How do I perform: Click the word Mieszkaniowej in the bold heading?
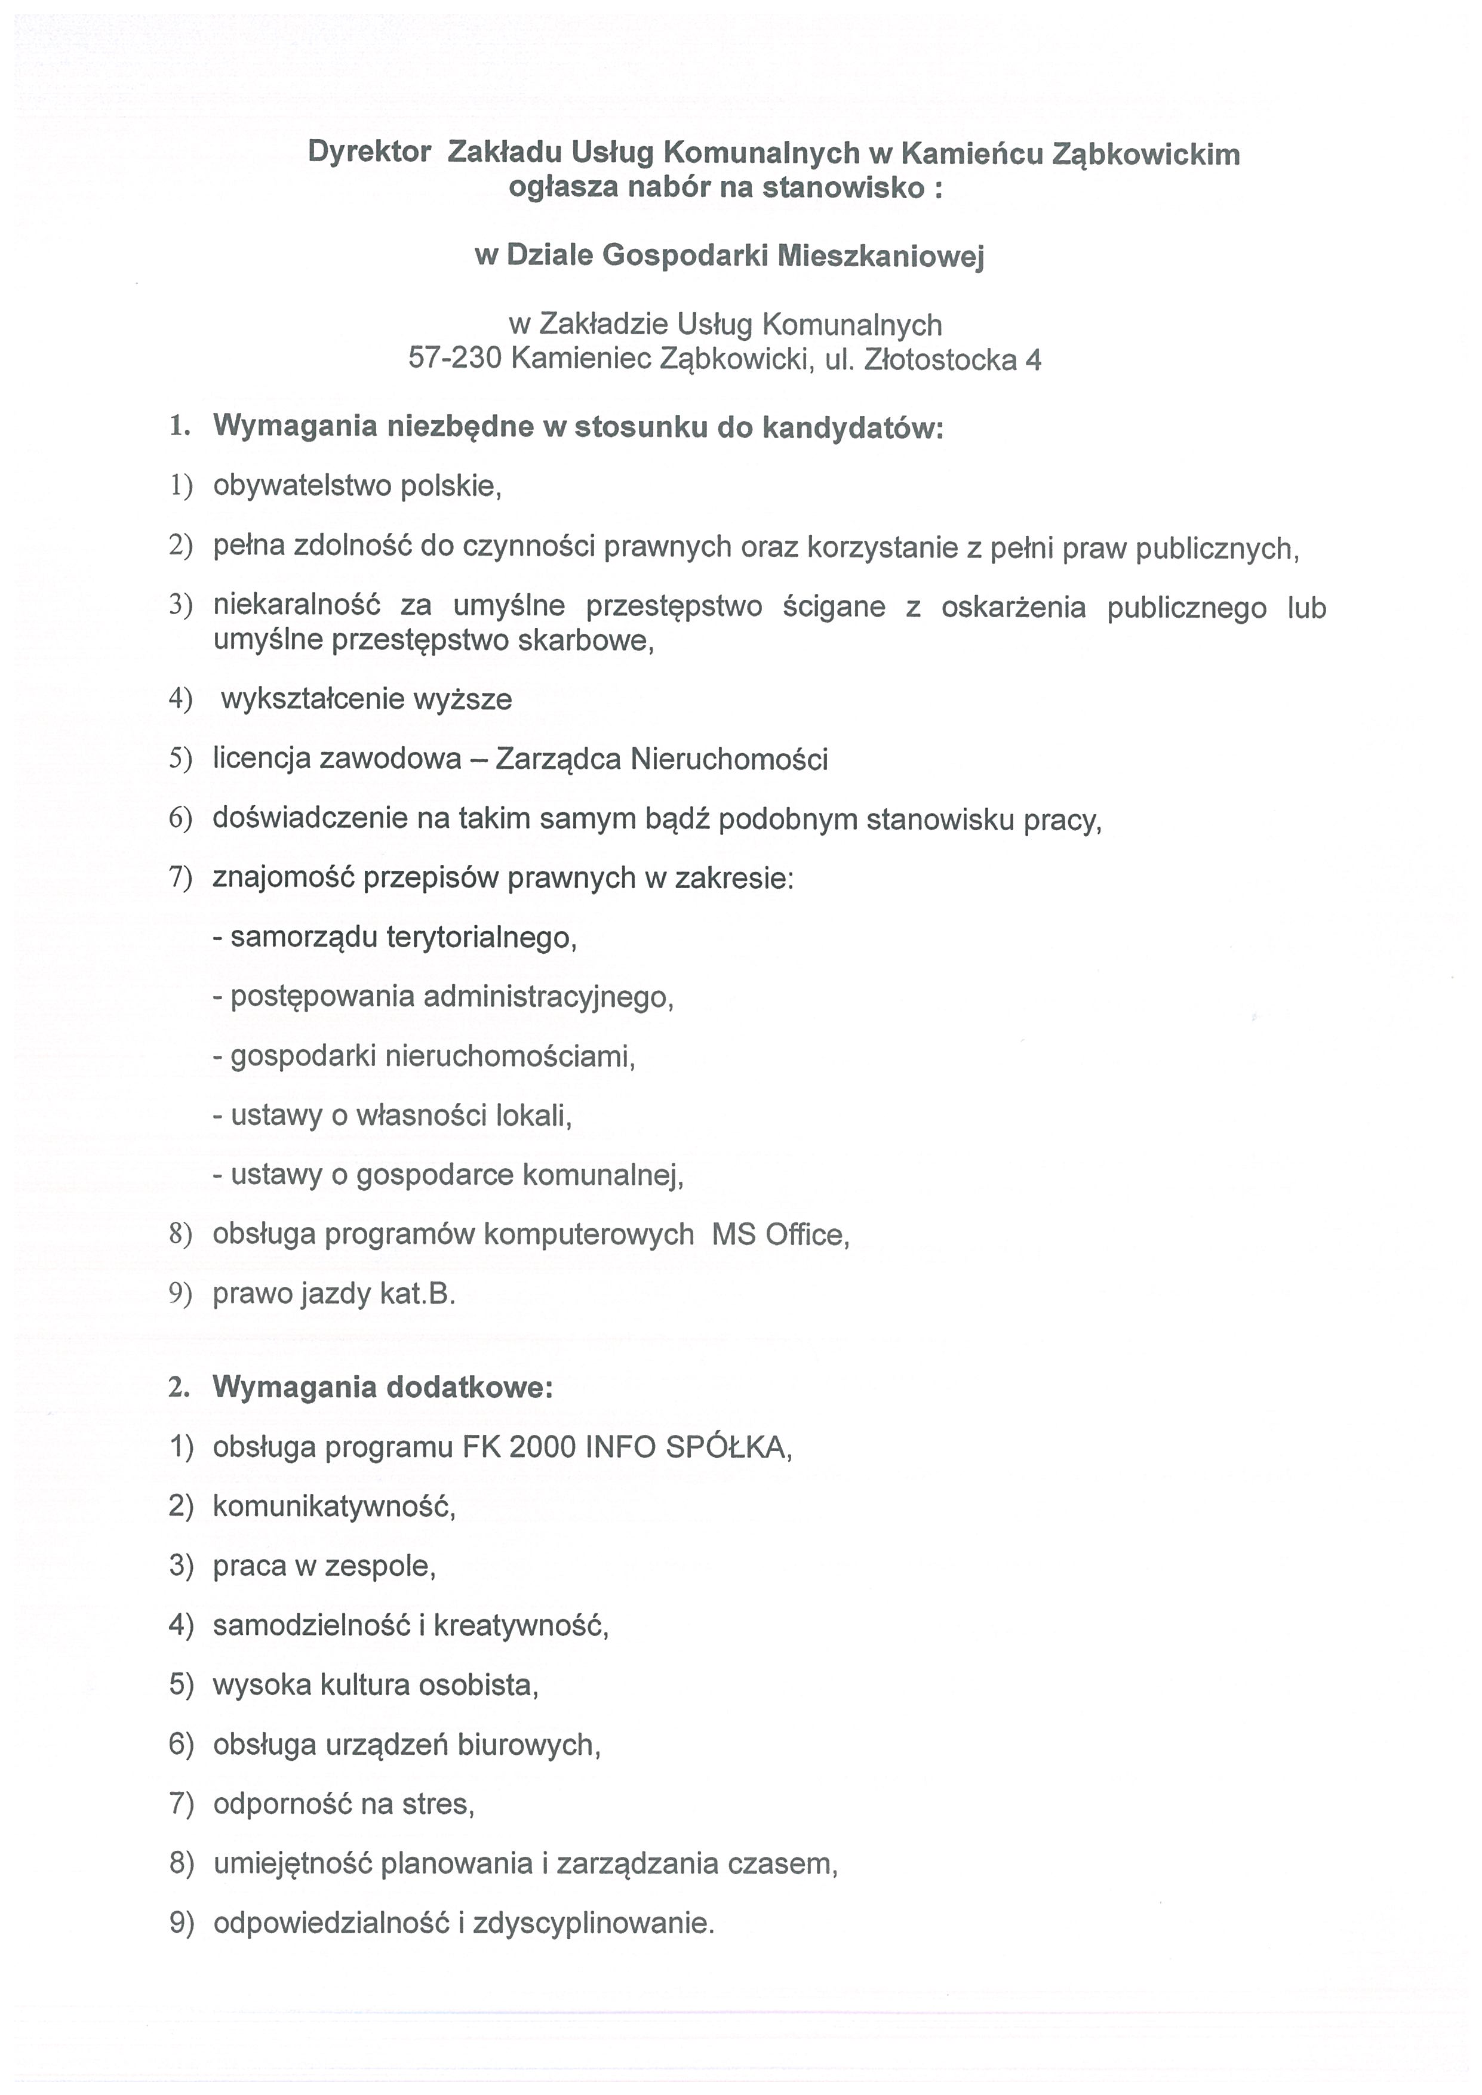(881, 257)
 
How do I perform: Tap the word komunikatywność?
(334, 1506)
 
